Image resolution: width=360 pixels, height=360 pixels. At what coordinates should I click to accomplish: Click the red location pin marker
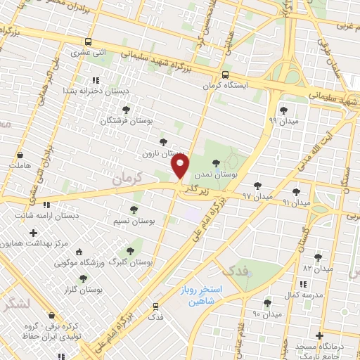(181, 167)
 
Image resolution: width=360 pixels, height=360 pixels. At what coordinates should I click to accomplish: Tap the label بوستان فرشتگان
(125, 121)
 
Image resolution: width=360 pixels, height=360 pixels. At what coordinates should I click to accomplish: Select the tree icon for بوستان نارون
(164, 143)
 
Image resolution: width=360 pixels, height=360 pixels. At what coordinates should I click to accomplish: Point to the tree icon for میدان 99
(283, 110)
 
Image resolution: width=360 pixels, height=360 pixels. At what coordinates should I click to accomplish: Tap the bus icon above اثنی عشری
(87, 41)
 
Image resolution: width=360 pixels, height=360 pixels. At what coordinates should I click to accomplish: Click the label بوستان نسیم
(134, 221)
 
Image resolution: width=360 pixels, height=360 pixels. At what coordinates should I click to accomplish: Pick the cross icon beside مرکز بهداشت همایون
(33, 232)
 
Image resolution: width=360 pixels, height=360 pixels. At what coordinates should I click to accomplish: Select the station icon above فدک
(155, 306)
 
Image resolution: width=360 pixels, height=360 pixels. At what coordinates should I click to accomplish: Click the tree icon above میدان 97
(257, 185)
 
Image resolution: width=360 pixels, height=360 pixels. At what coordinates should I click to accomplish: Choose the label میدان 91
(296, 202)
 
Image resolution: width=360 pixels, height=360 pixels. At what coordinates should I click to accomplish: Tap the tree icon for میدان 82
(318, 257)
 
